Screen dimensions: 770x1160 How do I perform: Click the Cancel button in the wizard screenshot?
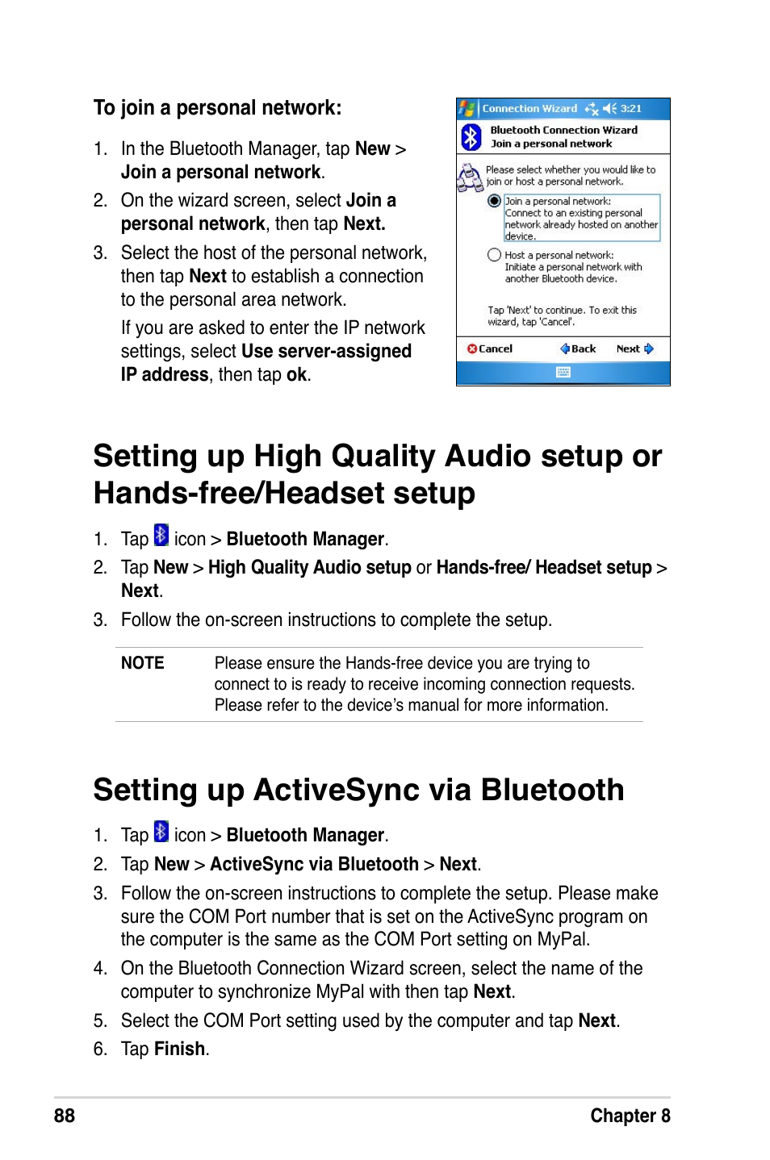[x=489, y=349]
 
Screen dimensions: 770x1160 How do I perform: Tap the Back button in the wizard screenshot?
[x=578, y=349]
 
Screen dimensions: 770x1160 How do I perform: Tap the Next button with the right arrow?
[x=634, y=349]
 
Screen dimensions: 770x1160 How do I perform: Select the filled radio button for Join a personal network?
[x=494, y=201]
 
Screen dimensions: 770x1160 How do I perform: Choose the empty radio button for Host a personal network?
[x=494, y=255]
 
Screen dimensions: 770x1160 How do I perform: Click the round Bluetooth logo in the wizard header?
[x=471, y=137]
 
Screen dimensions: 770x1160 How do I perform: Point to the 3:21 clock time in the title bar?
[x=631, y=109]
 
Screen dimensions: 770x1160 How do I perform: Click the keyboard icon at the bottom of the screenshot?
[x=563, y=373]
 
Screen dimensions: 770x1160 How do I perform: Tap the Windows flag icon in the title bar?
[x=467, y=109]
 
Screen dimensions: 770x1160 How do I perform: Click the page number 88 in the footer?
[x=65, y=1116]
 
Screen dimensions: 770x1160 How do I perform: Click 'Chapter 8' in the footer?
[x=630, y=1116]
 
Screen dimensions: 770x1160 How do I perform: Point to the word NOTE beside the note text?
[x=143, y=663]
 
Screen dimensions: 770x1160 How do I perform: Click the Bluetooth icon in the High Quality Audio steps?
[x=161, y=535]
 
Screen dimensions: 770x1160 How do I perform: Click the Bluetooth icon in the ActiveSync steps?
[x=161, y=831]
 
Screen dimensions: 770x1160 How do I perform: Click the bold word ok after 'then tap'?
[x=296, y=374]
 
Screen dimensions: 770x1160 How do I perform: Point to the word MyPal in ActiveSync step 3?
[x=563, y=939]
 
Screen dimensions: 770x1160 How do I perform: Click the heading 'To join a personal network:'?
[x=218, y=108]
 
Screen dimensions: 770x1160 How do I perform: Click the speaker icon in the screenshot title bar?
[x=610, y=109]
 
